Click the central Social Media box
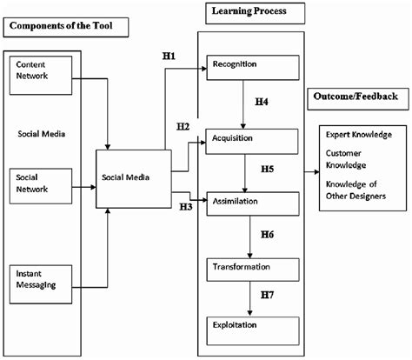[x=133, y=177]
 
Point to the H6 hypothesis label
[x=268, y=236]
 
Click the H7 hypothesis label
[x=268, y=297]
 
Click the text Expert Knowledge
[x=358, y=136]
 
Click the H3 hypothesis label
[x=185, y=207]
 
